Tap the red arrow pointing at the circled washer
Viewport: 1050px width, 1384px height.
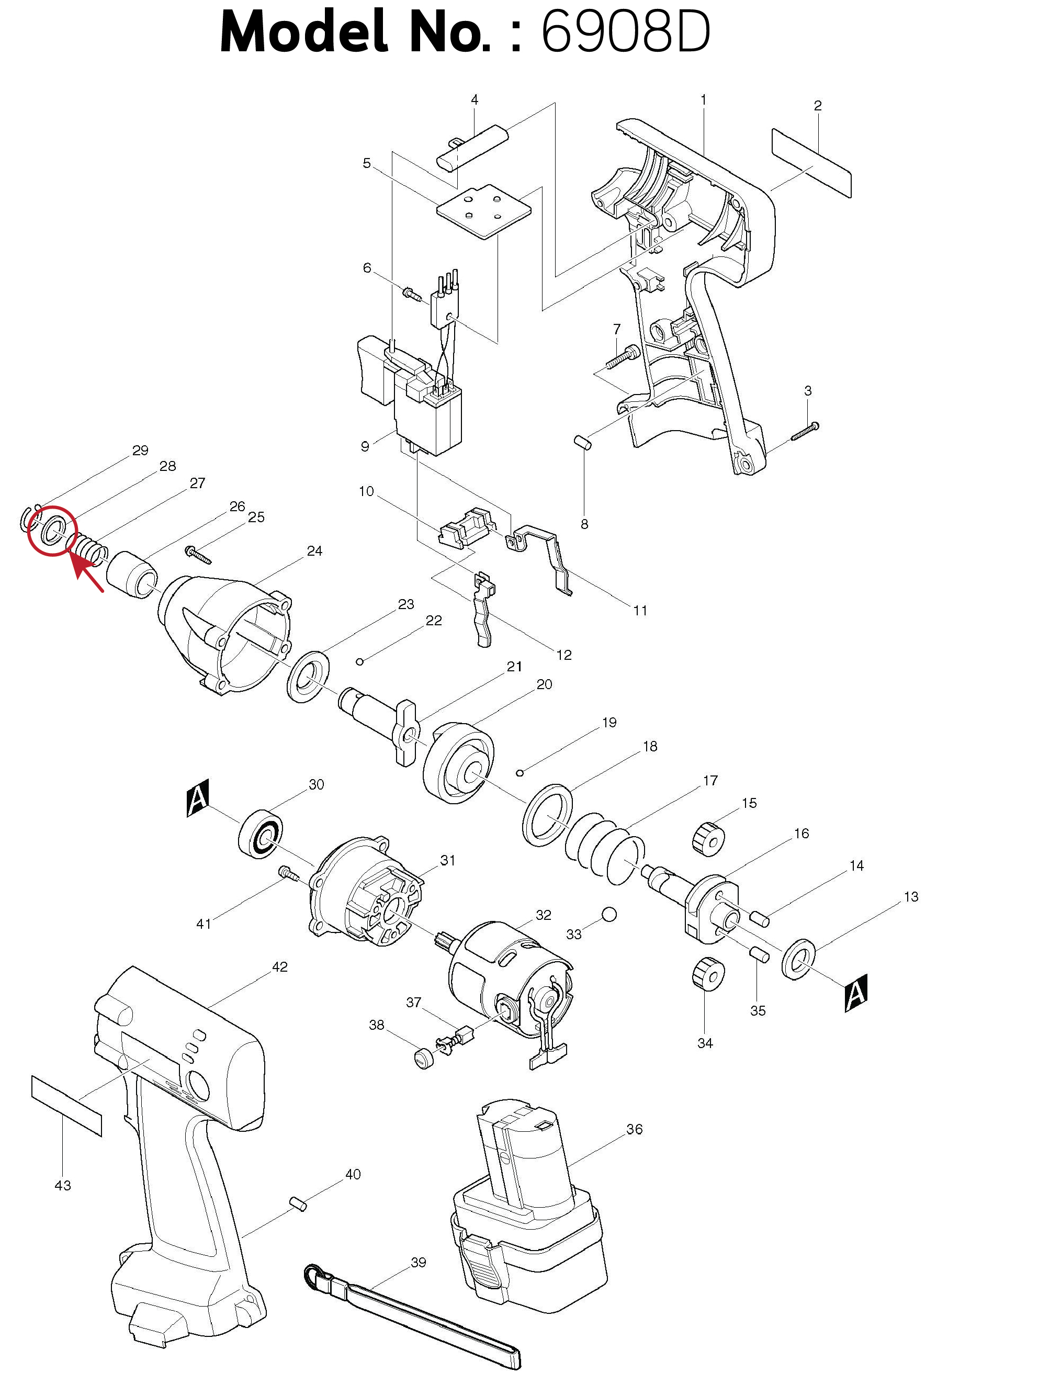pos(87,573)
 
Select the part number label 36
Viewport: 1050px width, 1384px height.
pos(634,1129)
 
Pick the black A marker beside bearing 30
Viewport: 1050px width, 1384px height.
pos(198,798)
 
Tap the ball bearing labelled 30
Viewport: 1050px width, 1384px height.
pos(261,834)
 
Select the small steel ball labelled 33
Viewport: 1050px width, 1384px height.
pos(608,915)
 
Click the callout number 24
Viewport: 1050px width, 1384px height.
pos(314,550)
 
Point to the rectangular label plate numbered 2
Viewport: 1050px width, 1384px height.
pos(811,163)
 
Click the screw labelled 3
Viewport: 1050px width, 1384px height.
pos(805,432)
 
